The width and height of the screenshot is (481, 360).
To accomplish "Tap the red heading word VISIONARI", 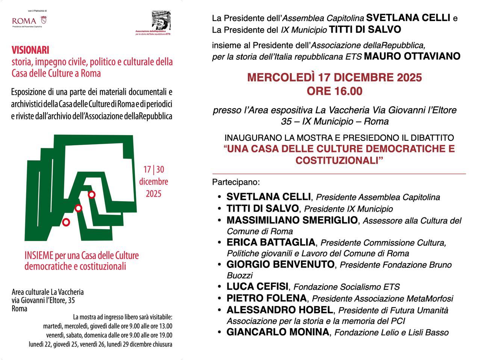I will (30, 50).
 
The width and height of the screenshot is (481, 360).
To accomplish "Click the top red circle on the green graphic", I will (91, 194).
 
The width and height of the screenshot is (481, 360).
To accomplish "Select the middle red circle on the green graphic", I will (78, 208).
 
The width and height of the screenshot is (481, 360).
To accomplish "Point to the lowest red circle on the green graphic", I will (66, 222).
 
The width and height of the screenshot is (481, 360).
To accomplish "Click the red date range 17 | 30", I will (154, 170).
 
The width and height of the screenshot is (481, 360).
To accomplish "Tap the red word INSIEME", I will (39, 256).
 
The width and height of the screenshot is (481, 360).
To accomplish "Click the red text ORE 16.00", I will (334, 91).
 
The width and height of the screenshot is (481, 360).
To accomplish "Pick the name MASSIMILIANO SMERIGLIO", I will (292, 220).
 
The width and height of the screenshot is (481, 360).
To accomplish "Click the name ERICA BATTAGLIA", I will (271, 243).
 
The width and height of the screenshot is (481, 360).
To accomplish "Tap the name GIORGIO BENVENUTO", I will (280, 265).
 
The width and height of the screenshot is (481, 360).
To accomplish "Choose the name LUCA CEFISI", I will (257, 287).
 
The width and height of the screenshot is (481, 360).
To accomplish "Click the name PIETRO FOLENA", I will (266, 298).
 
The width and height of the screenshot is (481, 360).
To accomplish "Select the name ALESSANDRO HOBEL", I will (280, 310).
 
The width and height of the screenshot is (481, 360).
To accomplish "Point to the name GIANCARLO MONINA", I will (277, 332).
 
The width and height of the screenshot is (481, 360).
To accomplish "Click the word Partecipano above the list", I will (235, 182).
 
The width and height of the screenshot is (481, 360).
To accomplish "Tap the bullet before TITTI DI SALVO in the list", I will (219, 209).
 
